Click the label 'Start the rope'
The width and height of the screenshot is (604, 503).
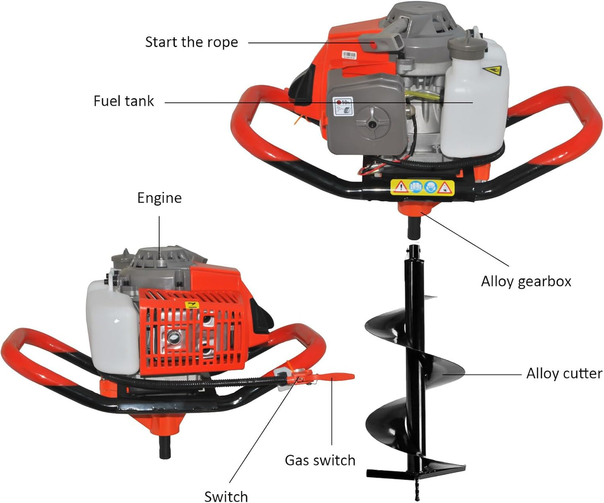pos(191,42)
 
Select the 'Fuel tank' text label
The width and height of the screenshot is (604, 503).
pos(124,101)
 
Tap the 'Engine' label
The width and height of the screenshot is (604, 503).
pos(159,198)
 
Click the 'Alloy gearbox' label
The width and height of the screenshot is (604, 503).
pos(526,282)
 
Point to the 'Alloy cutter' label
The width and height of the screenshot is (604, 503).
pos(564,373)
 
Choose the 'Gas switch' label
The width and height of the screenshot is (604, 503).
pos(320,460)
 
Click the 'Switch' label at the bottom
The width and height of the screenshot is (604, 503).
pos(226,496)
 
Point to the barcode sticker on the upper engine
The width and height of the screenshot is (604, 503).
pos(349,56)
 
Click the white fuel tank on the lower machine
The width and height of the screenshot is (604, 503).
pos(112,326)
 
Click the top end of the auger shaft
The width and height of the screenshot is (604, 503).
pos(413,251)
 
